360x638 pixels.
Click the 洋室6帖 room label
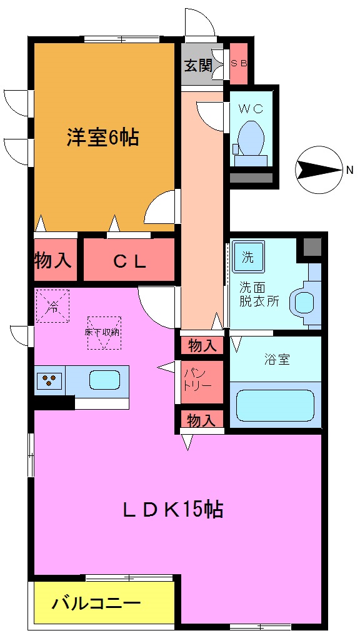103,138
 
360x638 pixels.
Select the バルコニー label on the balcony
96,604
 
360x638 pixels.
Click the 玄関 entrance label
197,65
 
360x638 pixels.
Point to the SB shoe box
239,64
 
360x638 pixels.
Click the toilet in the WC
251,139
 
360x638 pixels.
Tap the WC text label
251,108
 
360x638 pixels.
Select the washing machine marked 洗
248,257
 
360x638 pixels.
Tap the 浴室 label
276,360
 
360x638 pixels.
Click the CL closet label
129,261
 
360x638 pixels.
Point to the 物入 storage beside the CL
55,261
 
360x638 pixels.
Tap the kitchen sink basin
104,380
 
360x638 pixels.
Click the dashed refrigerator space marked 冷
52,306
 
